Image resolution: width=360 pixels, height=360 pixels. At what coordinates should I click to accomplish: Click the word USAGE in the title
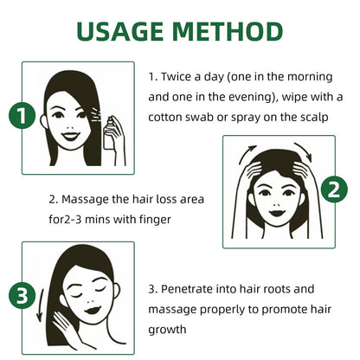[x=125, y=31]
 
